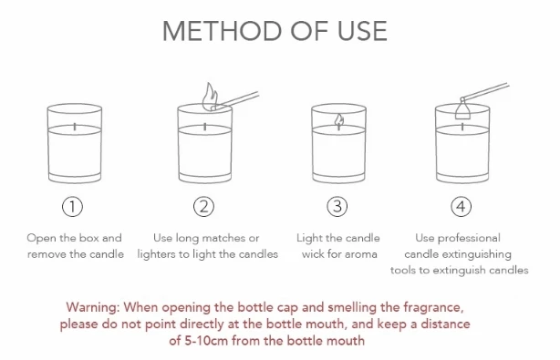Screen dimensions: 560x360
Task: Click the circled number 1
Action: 72,207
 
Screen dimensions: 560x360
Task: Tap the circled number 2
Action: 204,207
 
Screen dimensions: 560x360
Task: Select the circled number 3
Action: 337,207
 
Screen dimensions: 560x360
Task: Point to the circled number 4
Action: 461,207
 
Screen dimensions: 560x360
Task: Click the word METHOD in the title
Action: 223,31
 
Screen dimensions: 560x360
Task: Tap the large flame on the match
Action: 210,96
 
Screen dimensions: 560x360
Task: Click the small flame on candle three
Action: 339,121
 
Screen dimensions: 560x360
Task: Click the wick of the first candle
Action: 75,127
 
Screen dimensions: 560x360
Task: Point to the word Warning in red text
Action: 93,307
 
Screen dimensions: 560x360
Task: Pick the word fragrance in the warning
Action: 433,307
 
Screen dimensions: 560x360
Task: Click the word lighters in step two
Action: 153,254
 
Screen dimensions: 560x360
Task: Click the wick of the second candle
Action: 205,127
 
